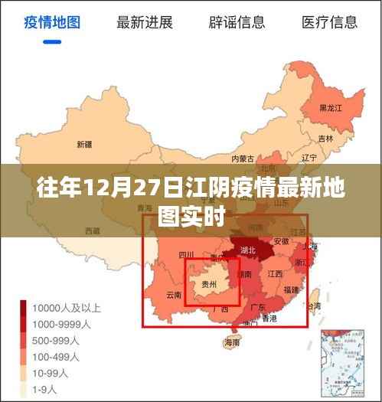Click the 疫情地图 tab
51,22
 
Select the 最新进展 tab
144,22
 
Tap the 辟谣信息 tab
237,22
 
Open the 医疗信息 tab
330,22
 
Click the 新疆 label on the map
84,144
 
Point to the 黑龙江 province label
330,108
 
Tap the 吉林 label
326,139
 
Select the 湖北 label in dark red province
247,249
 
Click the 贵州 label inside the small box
208,284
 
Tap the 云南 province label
174,295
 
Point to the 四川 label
185,255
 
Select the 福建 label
291,289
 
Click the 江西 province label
274,274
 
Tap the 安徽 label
281,240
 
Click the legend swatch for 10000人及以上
25,309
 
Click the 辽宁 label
309,158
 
